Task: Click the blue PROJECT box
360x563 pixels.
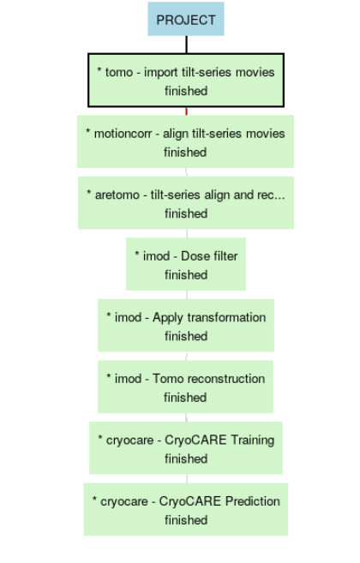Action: [186, 19]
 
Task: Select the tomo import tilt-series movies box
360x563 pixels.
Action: [186, 81]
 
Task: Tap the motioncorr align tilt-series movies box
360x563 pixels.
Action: [185, 141]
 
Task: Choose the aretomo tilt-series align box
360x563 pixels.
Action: [186, 203]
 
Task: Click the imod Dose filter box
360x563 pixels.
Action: [186, 264]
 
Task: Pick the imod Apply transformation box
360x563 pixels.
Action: [186, 326]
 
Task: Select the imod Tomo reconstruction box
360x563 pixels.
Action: [185, 386]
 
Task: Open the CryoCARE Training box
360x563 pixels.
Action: [186, 448]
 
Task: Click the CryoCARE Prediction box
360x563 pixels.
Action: [186, 509]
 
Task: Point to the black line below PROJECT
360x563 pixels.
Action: [187, 45]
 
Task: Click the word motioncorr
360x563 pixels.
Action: [123, 134]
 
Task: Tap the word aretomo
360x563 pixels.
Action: [117, 195]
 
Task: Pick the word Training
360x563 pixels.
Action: [253, 440]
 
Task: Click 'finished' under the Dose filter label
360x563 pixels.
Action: [186, 275]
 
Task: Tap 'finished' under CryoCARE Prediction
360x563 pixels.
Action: [186, 520]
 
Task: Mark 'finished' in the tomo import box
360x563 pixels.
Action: [186, 91]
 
